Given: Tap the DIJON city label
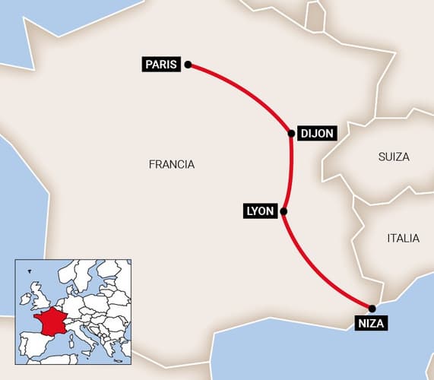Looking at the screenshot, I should click(x=316, y=133).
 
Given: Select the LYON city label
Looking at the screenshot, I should click(x=259, y=211).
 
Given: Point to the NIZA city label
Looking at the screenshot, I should click(x=372, y=325).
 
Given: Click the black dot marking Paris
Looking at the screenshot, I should click(x=188, y=65).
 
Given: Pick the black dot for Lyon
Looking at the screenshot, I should click(x=283, y=211).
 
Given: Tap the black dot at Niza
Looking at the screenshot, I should click(x=372, y=308).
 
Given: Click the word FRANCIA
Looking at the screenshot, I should click(x=172, y=164).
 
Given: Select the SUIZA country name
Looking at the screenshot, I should click(x=394, y=157).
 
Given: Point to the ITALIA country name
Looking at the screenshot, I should click(x=403, y=238).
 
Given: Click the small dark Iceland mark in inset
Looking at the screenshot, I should click(x=30, y=271).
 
